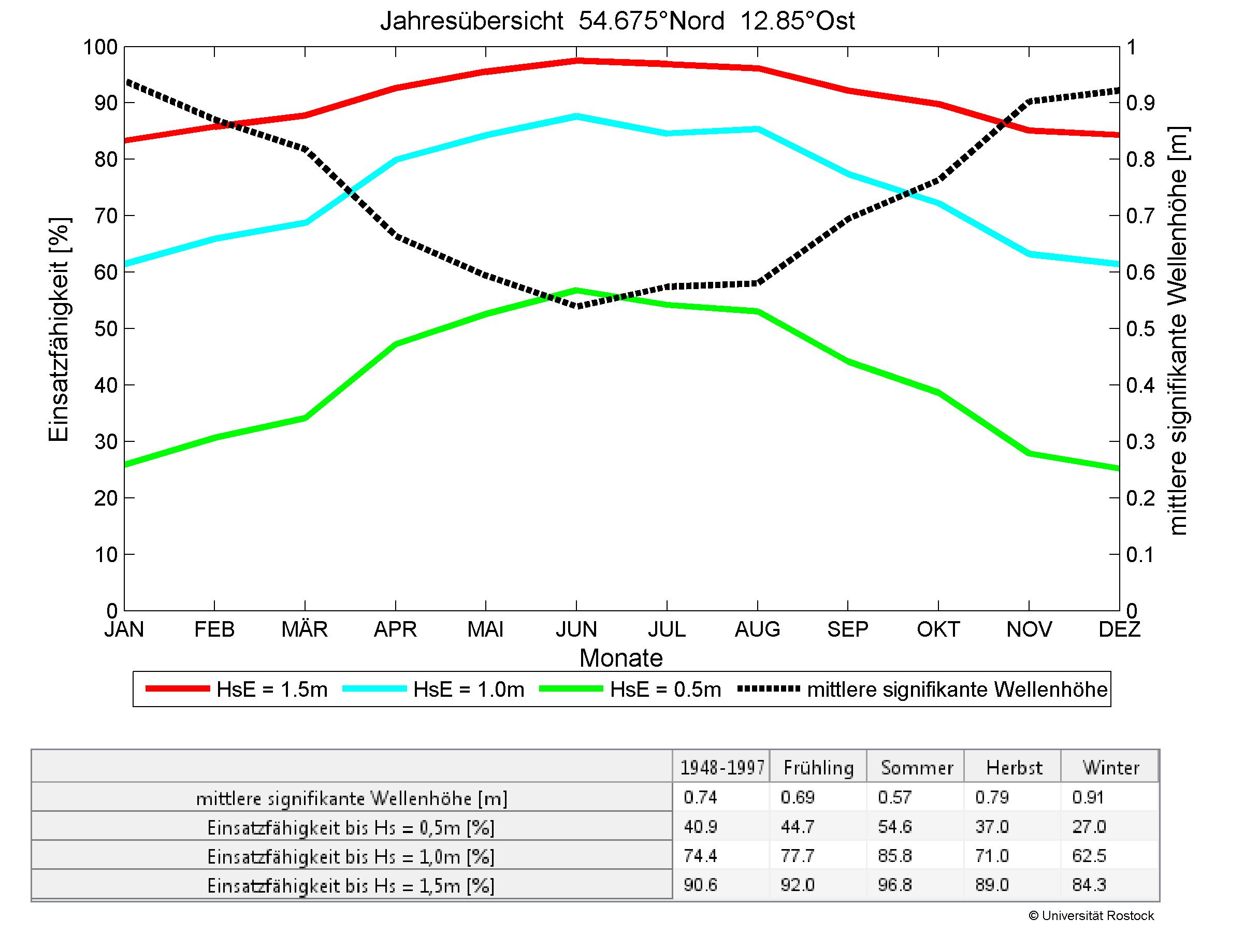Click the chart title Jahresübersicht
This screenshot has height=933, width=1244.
click(x=617, y=21)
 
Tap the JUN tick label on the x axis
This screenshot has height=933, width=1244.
click(x=576, y=629)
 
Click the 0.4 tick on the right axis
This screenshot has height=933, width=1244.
click(x=1139, y=385)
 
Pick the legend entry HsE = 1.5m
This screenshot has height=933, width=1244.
click(x=236, y=690)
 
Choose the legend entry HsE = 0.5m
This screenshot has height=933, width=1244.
click(x=630, y=690)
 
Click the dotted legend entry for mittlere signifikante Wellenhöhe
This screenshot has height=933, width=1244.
click(x=922, y=690)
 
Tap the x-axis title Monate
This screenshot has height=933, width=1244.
click(x=621, y=658)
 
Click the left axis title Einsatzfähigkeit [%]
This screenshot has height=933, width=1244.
click(x=59, y=329)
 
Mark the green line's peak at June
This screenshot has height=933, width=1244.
click(x=576, y=291)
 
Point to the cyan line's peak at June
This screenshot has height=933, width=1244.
click(x=576, y=117)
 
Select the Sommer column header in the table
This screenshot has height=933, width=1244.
click(x=917, y=768)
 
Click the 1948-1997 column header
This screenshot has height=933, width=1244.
click(x=722, y=768)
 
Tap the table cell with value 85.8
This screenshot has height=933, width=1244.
click(x=894, y=856)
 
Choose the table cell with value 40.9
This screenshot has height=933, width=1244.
click(x=700, y=827)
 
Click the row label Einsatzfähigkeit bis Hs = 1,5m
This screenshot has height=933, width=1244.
click(x=351, y=886)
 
